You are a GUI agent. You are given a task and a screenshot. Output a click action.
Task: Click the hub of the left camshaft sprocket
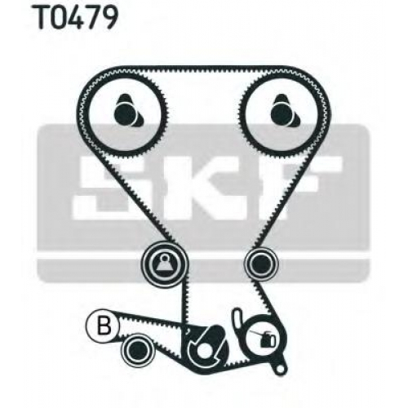pos(126,112)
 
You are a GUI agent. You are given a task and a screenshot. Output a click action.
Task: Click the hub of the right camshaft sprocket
pos(283,112)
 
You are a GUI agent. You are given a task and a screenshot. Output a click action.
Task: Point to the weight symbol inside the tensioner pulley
pos(164,263)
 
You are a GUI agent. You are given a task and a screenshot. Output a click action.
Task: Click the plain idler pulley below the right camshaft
pos(262,263)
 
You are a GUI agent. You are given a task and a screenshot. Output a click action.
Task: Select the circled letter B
pos(103,326)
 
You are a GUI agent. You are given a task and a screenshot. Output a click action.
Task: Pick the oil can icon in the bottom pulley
pos(265,338)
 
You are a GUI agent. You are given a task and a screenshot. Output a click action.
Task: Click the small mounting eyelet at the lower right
pos(280,369)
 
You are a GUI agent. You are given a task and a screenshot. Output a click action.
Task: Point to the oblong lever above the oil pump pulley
pos(238,320)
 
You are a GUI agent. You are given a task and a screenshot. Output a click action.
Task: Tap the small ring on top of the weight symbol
pos(164,255)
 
